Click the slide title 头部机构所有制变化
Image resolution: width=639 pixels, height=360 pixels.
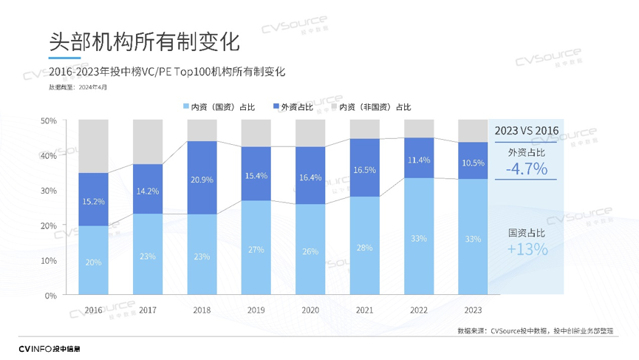144,41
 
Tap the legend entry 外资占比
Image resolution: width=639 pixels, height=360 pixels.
293,107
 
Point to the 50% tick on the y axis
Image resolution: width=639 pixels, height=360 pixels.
49,120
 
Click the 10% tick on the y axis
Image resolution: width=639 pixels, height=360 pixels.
49,260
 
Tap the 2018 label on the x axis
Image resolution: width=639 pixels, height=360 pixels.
202,310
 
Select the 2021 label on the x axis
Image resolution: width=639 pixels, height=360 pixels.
364,310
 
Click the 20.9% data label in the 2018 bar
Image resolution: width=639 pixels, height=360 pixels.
202,180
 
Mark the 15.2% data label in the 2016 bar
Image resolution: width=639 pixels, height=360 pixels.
93,201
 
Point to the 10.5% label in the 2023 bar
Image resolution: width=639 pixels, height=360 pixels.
473,163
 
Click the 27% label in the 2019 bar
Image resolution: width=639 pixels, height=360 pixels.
256,249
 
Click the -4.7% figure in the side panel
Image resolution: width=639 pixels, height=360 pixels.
527,169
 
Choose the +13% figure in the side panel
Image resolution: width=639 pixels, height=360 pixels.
527,250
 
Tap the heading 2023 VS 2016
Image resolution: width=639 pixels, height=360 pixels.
527,131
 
